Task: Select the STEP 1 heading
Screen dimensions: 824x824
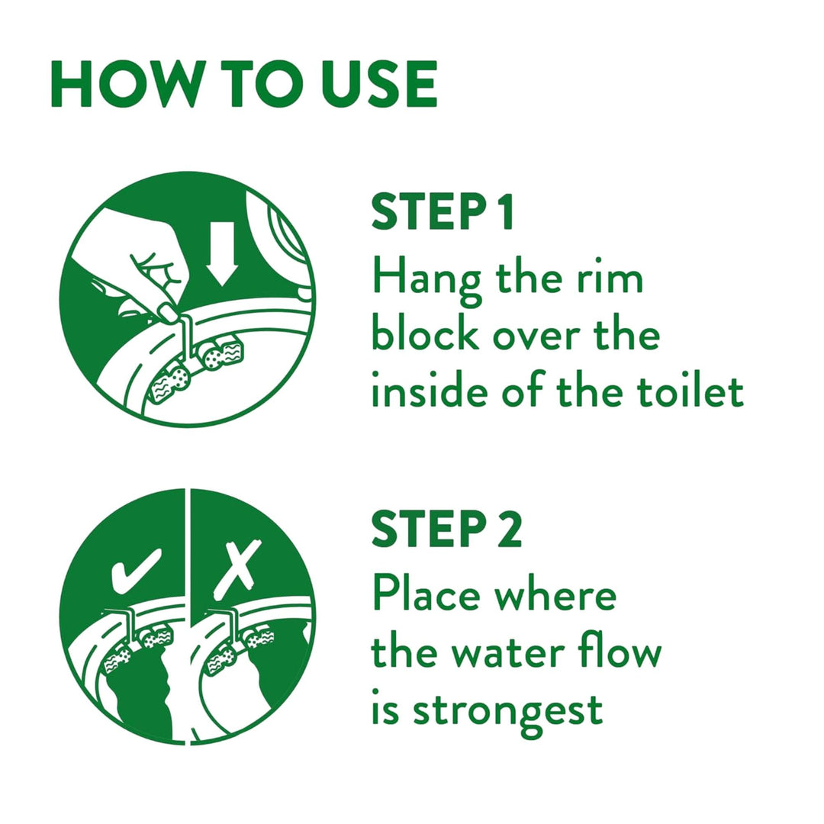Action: point(442,212)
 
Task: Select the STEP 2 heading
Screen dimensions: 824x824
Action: point(446,529)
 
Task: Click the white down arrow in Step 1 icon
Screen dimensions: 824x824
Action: point(222,253)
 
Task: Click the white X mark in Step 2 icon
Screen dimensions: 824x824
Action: point(237,569)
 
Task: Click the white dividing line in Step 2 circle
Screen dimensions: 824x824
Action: point(188,616)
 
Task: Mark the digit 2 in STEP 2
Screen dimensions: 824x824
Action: point(510,529)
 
